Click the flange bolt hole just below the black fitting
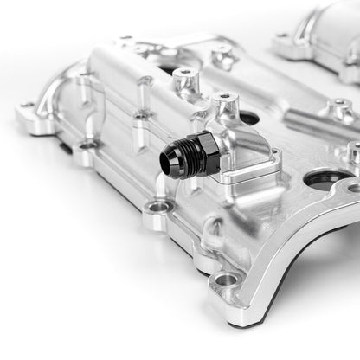[x=158, y=208]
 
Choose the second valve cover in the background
[x=316, y=35]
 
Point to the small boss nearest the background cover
[x=222, y=55]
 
